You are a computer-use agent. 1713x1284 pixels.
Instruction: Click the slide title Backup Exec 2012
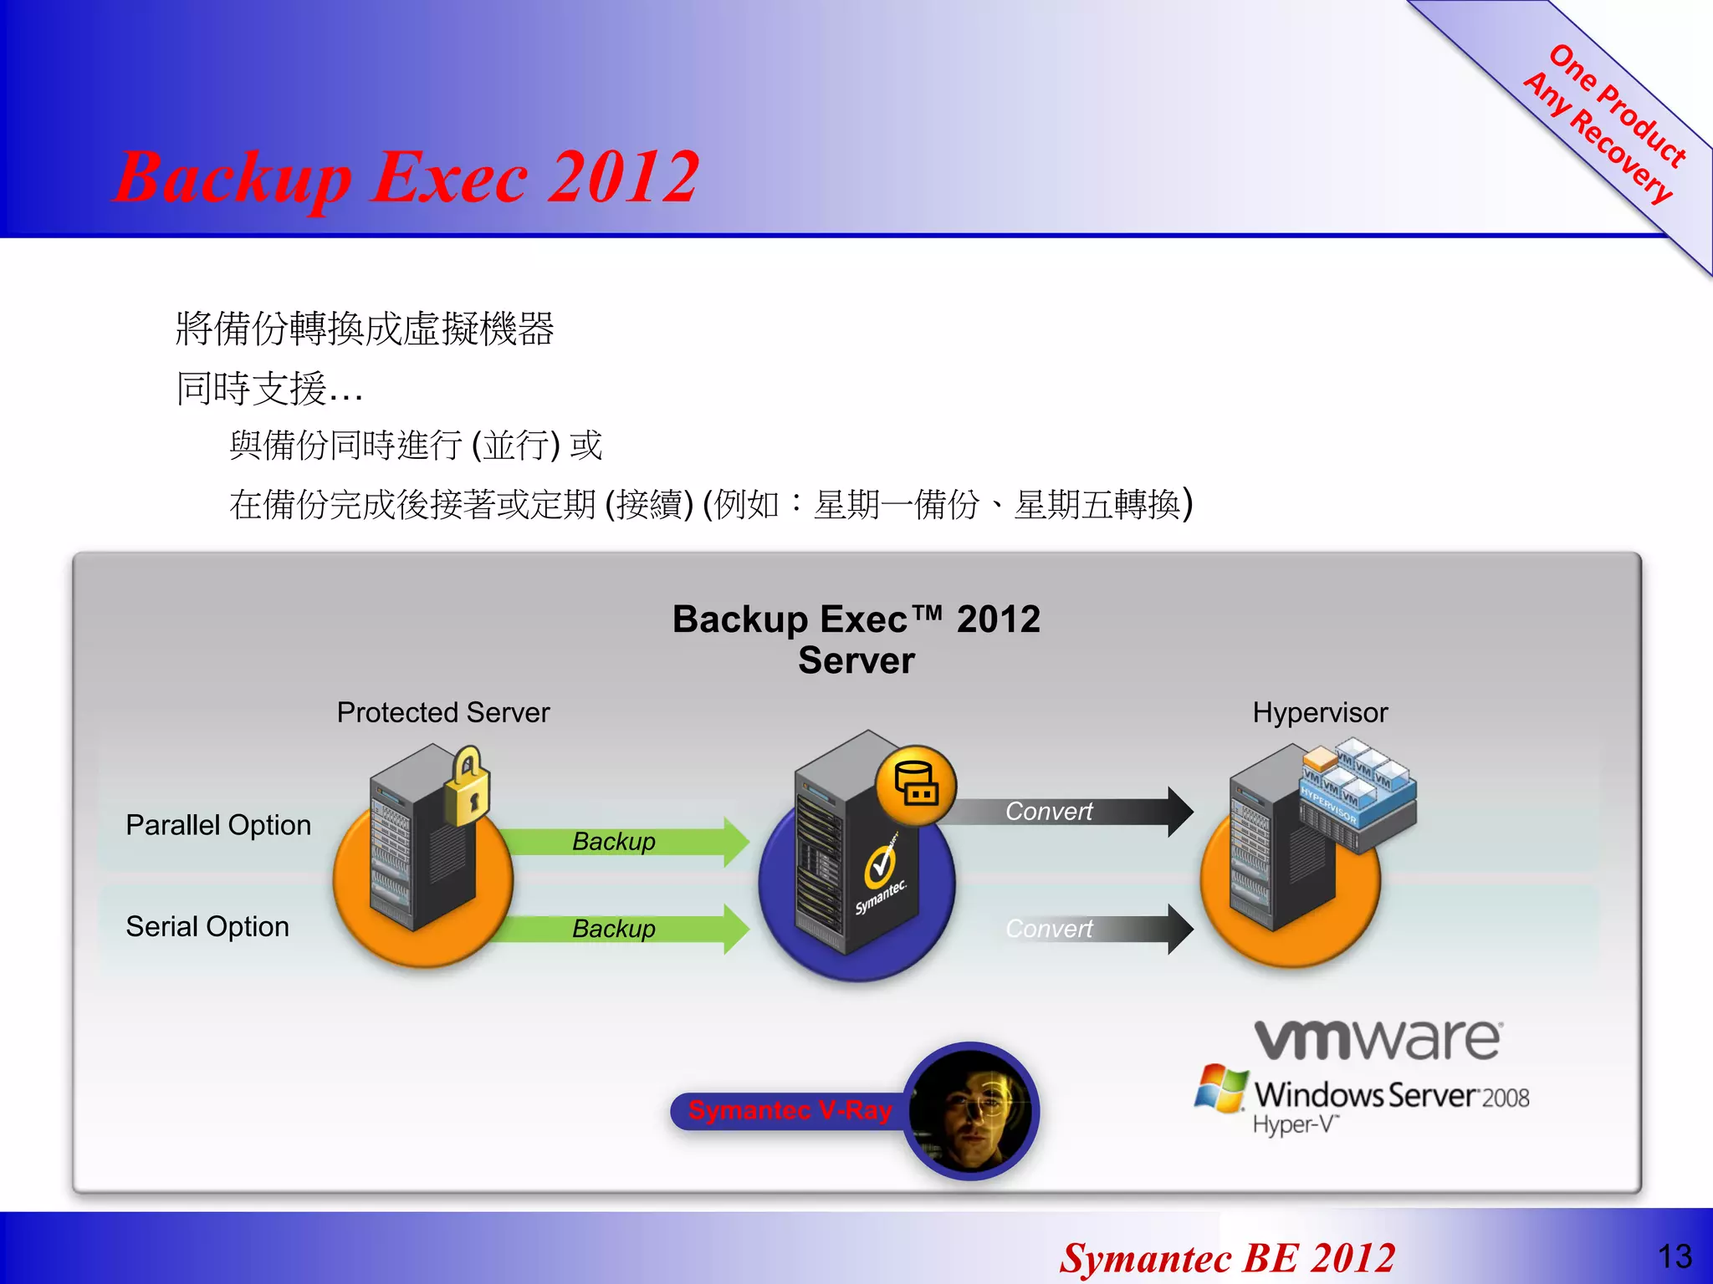(407, 177)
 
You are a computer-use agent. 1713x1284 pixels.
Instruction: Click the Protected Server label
(442, 712)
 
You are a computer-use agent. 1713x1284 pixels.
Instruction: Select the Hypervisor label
(1320, 712)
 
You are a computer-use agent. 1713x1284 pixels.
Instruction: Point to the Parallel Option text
(218, 825)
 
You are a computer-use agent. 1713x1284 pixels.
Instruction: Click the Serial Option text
(207, 926)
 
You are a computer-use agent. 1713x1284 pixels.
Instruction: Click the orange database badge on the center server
(916, 784)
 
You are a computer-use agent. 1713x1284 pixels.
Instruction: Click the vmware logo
(1377, 1039)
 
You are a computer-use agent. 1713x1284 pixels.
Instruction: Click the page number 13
(1675, 1256)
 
